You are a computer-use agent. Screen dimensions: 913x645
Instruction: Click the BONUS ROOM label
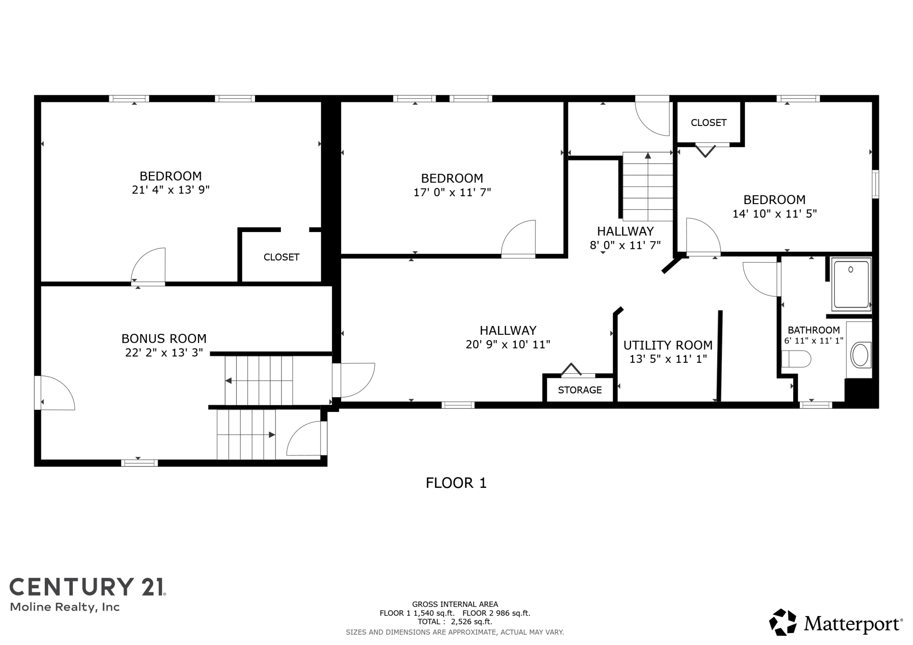click(164, 339)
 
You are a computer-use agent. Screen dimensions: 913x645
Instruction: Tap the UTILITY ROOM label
click(668, 345)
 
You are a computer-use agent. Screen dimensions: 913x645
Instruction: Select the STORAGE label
click(580, 390)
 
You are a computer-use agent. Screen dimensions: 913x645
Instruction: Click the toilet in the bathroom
click(796, 359)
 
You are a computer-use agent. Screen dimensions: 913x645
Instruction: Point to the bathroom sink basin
click(860, 355)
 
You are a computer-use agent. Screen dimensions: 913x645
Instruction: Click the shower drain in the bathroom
click(851, 269)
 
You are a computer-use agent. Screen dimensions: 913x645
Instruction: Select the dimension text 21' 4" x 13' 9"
click(171, 190)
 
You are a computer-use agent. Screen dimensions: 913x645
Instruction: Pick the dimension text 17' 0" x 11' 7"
click(452, 192)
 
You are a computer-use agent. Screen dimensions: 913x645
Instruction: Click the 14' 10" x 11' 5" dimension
click(774, 214)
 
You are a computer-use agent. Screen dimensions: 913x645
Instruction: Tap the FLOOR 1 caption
click(456, 483)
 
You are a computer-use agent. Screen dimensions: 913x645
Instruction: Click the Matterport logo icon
click(783, 622)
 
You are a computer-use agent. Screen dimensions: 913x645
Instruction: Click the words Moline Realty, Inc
click(65, 607)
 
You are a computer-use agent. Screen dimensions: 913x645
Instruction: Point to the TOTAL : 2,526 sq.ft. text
click(455, 622)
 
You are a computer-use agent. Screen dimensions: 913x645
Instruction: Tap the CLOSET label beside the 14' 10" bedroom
click(708, 123)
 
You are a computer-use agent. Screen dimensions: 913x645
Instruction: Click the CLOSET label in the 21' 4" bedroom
click(281, 257)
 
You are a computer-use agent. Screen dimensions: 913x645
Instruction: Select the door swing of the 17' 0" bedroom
click(518, 237)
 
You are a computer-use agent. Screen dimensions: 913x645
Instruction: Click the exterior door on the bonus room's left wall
click(55, 393)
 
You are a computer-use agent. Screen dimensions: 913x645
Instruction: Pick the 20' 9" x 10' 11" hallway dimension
click(508, 344)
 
